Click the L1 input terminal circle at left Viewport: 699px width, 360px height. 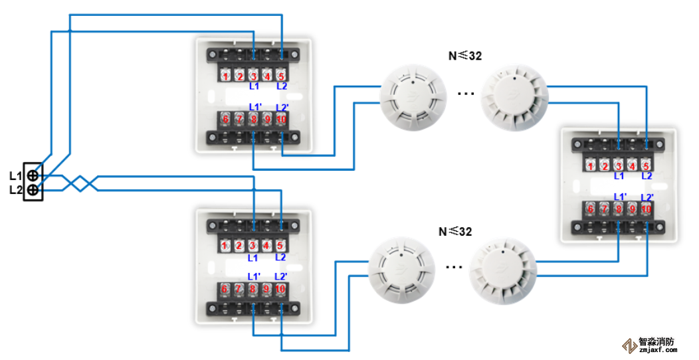point(33,176)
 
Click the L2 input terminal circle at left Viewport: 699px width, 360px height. point(33,190)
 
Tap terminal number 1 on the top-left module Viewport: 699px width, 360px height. point(226,76)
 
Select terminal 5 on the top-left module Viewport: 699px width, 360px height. point(281,76)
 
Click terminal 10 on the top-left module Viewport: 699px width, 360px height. point(281,119)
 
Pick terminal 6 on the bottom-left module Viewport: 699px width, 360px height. point(225,289)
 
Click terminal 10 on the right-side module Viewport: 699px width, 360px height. point(647,209)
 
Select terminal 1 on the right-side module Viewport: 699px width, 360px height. point(591,166)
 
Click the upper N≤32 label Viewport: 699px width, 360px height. point(464,56)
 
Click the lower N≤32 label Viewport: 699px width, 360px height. point(455,232)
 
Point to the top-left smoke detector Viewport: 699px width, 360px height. point(413,99)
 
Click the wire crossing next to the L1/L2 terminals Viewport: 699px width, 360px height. point(80,183)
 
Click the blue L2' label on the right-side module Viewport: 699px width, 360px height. point(647,197)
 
